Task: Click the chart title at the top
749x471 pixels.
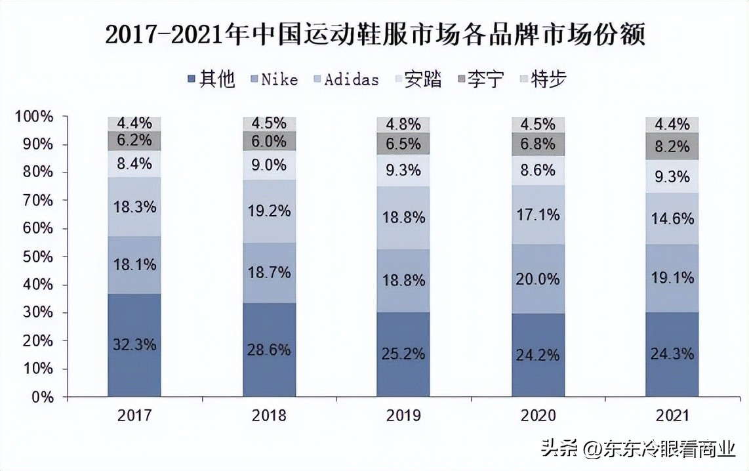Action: click(x=374, y=34)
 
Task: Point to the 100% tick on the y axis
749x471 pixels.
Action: click(x=33, y=117)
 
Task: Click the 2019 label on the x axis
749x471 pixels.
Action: click(x=403, y=416)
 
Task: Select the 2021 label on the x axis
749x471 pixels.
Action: click(x=672, y=416)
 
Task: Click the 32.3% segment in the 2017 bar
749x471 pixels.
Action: click(x=134, y=344)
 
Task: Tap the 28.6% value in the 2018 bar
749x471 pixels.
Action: click(x=269, y=349)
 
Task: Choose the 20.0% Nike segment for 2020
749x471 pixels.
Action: click(x=538, y=279)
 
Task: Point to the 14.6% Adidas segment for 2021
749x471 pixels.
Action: click(x=672, y=218)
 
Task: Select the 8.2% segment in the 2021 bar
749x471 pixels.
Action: click(x=672, y=147)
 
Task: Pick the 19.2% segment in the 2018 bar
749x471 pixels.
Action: click(x=269, y=211)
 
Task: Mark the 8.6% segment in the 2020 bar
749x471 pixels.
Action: click(x=538, y=170)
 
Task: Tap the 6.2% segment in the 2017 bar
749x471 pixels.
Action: click(x=134, y=140)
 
